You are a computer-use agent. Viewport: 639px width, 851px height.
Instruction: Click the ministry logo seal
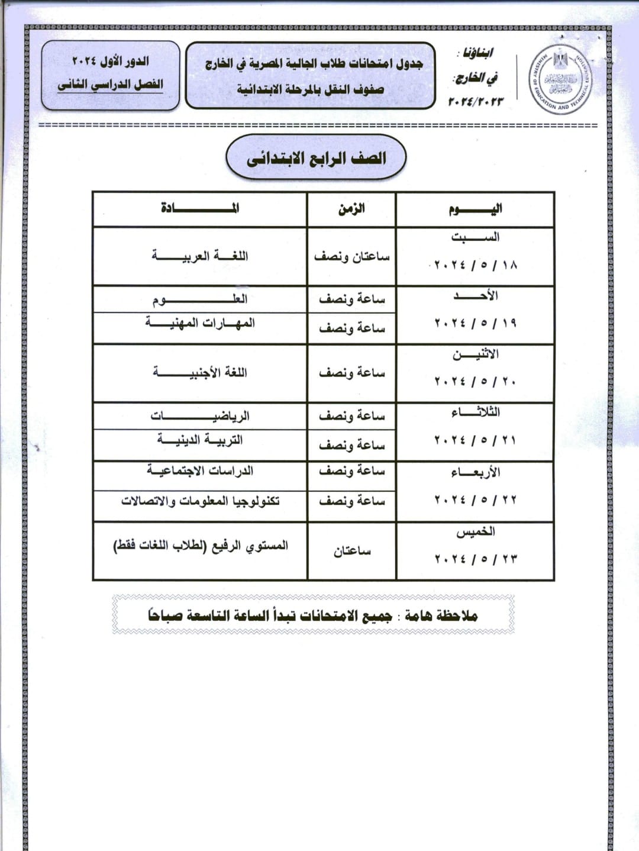[559, 79]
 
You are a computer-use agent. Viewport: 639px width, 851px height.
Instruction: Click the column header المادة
[200, 208]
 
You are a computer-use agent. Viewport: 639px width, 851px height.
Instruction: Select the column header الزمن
[351, 209]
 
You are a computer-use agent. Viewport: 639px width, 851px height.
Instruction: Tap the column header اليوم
[475, 209]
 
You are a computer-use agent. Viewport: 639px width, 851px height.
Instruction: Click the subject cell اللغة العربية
[200, 256]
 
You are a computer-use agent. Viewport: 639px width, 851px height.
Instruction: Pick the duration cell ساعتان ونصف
[351, 257]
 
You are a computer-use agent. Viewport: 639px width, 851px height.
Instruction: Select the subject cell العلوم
[200, 299]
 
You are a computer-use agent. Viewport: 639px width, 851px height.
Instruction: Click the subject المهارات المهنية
[200, 323]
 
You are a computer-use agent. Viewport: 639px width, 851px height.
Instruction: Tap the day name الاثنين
[475, 354]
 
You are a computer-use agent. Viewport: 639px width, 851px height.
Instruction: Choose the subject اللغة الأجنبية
[200, 373]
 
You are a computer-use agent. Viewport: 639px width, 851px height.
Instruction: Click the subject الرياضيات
[200, 416]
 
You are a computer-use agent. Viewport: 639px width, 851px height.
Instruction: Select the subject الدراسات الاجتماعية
[200, 471]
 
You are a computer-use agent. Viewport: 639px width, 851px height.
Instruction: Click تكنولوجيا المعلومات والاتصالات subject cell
[200, 501]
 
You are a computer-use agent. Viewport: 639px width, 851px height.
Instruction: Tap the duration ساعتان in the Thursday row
[351, 551]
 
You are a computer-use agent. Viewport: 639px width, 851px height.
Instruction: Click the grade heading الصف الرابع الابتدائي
[316, 158]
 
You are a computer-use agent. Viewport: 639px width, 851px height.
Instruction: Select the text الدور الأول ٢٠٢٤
[111, 61]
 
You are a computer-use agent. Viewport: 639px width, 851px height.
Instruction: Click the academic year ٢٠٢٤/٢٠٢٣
[476, 101]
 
